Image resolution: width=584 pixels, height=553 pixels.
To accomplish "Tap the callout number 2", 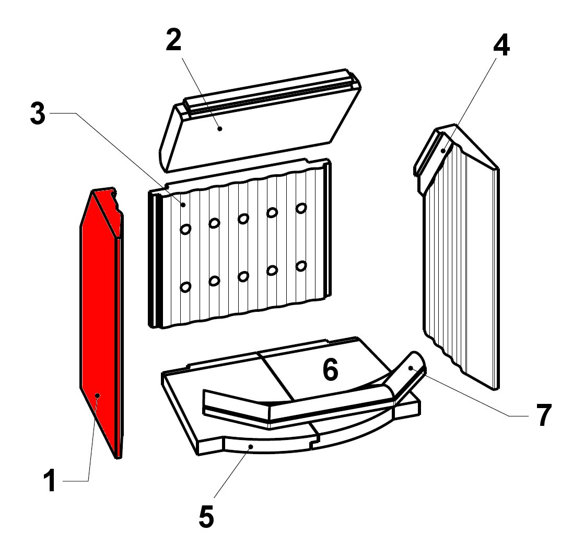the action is (x=173, y=40).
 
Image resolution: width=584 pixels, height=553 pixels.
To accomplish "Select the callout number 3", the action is (x=38, y=114).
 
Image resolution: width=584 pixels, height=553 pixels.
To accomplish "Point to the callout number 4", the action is (x=501, y=46).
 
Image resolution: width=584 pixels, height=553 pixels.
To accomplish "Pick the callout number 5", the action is (x=206, y=516).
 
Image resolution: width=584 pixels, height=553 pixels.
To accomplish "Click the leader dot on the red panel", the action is (x=98, y=395).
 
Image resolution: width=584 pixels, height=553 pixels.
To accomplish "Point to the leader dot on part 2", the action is (x=220, y=129).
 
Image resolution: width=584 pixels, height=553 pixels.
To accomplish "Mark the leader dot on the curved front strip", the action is (x=251, y=446).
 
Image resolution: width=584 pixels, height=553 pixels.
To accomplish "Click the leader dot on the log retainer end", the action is (x=411, y=368).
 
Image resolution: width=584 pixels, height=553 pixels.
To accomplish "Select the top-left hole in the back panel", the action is (x=185, y=229).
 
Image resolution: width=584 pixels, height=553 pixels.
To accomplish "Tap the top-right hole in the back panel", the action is (x=301, y=208).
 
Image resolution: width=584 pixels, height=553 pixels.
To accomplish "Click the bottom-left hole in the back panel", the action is (x=185, y=287).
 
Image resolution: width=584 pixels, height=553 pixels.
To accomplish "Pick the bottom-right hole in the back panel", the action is (x=301, y=266).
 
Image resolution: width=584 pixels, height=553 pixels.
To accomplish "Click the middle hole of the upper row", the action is (x=243, y=218).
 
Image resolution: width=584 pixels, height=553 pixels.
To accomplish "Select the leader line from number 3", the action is (x=116, y=159).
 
